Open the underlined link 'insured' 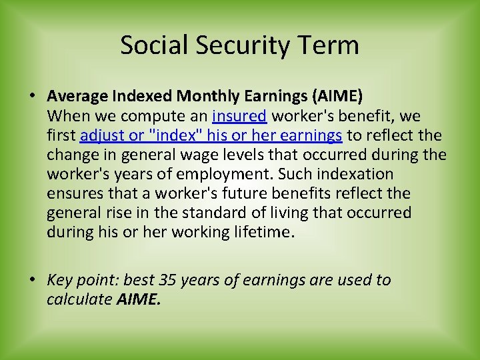(x=239, y=116)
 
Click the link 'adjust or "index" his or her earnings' (x=211, y=135)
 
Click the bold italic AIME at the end (x=139, y=299)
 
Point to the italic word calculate (x=79, y=299)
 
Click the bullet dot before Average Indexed (x=32, y=97)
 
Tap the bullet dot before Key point (x=32, y=280)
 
